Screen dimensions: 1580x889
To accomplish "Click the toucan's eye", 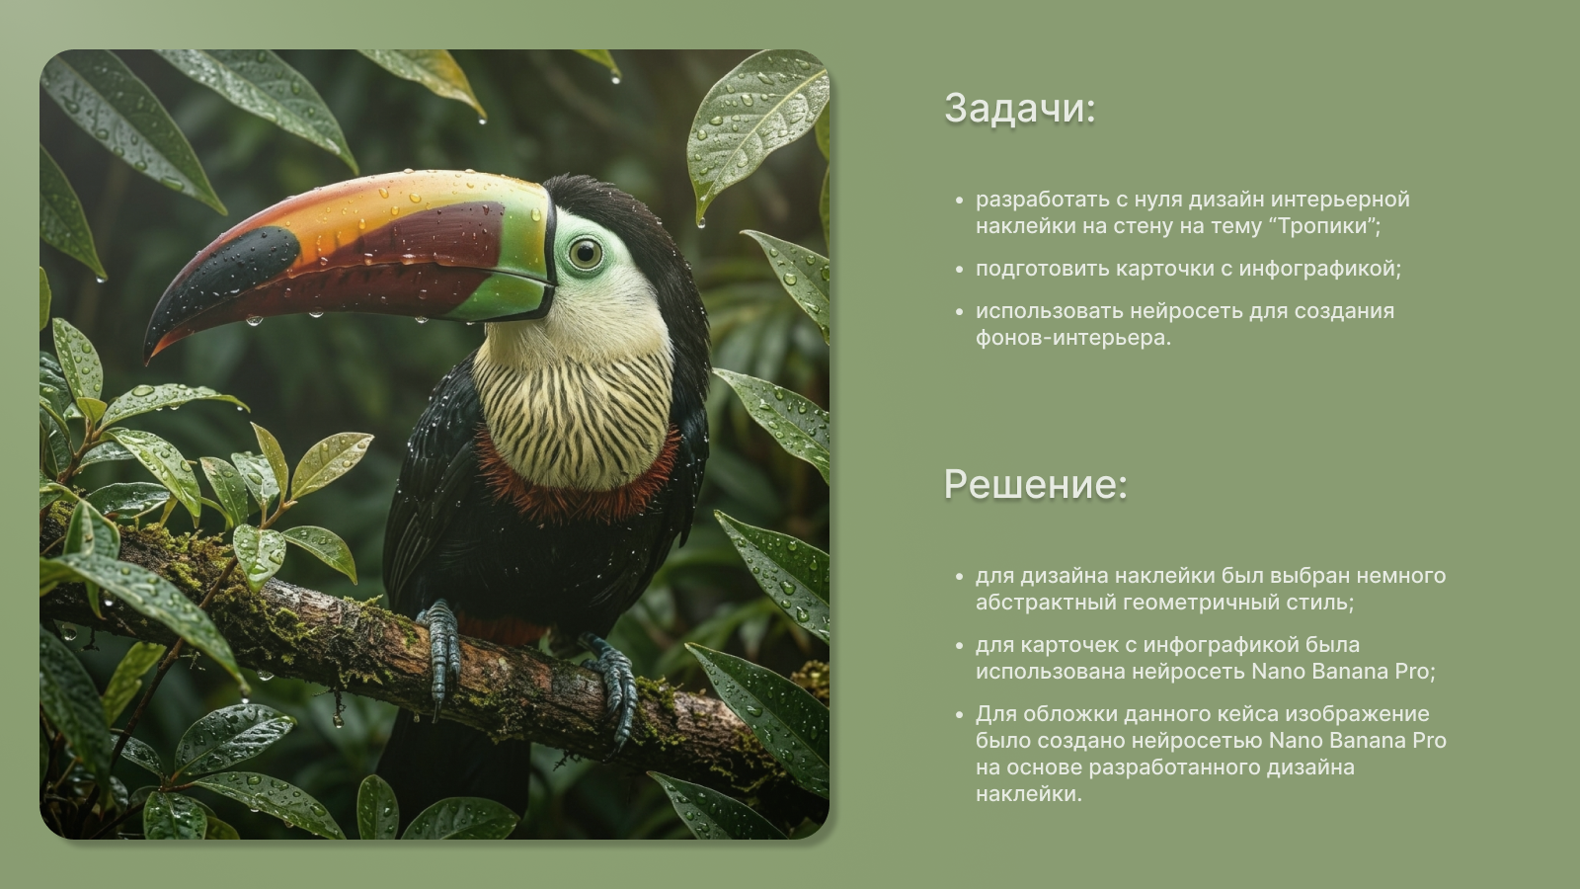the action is coord(585,253).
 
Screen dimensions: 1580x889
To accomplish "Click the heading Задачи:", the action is coord(1019,109).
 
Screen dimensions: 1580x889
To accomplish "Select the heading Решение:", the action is coord(1036,485).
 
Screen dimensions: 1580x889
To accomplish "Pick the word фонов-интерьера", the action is coord(1072,337).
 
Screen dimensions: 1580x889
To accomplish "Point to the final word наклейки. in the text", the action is coord(1028,794).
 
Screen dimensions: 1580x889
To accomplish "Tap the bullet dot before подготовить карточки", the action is coord(959,270).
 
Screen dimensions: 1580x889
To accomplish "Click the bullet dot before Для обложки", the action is coord(959,715).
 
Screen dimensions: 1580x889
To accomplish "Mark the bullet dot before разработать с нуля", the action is coord(959,201).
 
